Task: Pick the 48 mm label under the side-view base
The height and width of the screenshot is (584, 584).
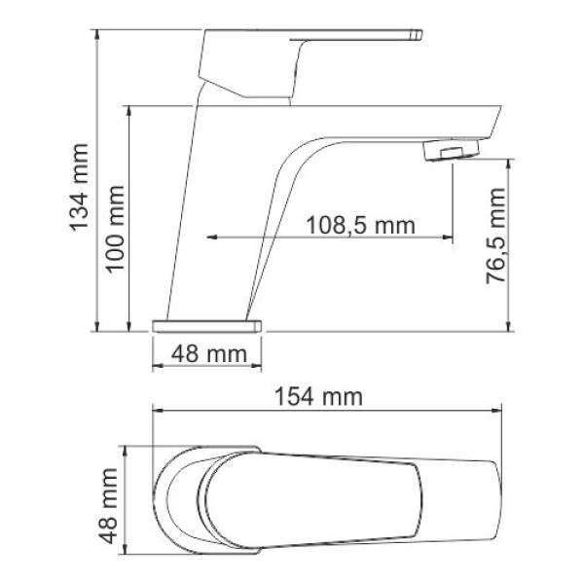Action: (x=209, y=354)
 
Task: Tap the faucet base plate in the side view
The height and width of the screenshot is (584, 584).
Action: (x=209, y=323)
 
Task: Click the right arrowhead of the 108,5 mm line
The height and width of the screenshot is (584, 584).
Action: (x=449, y=237)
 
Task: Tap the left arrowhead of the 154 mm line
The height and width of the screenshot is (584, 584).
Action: (x=156, y=410)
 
